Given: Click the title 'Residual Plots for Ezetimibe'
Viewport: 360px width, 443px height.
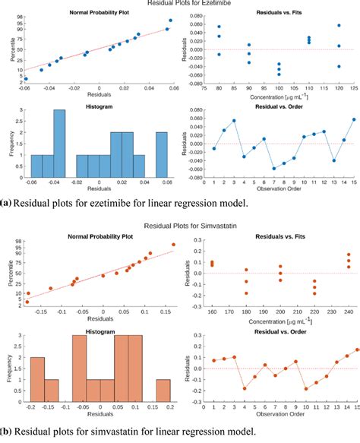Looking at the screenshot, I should [179, 5].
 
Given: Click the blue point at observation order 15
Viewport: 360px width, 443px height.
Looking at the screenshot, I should [353, 119].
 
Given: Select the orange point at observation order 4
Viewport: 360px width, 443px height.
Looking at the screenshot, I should [245, 388].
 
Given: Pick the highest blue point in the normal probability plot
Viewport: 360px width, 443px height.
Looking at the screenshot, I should [170, 21].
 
